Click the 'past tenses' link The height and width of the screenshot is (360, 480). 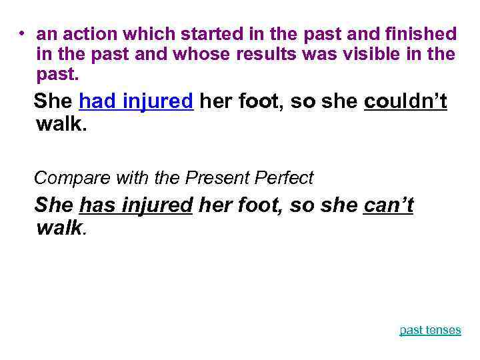430,330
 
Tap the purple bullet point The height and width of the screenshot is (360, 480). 22,33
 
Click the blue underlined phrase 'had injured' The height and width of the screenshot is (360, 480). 136,101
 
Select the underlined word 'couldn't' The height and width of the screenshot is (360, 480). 405,101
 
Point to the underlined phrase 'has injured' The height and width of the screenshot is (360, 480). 135,205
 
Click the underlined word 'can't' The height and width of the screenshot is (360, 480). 389,205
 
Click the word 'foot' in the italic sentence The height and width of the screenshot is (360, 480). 261,205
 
